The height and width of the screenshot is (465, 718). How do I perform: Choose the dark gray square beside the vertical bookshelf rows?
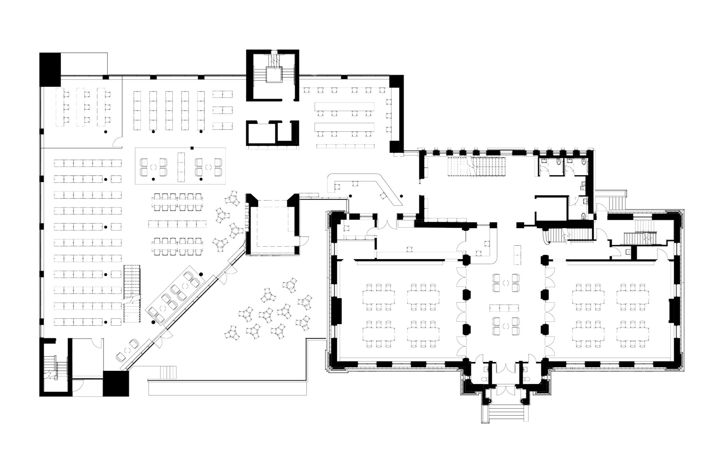click(223, 138)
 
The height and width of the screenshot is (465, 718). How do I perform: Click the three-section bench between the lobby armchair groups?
click(504, 308)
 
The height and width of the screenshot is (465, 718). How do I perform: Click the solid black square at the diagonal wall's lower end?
click(116, 383)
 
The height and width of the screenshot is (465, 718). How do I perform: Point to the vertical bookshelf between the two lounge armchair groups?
click(181, 167)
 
